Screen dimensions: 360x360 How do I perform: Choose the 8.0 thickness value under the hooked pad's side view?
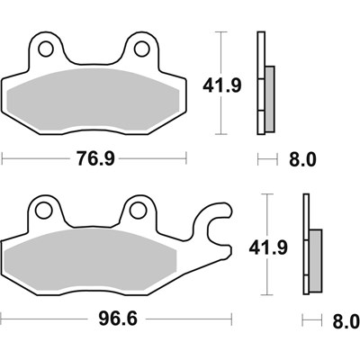click(346, 321)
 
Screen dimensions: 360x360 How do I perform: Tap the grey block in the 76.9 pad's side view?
click(269, 99)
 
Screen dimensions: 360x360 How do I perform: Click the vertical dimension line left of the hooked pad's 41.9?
click(267, 216)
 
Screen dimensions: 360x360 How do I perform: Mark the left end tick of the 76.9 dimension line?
click(3, 160)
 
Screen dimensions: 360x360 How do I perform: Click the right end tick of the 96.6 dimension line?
click(232, 319)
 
